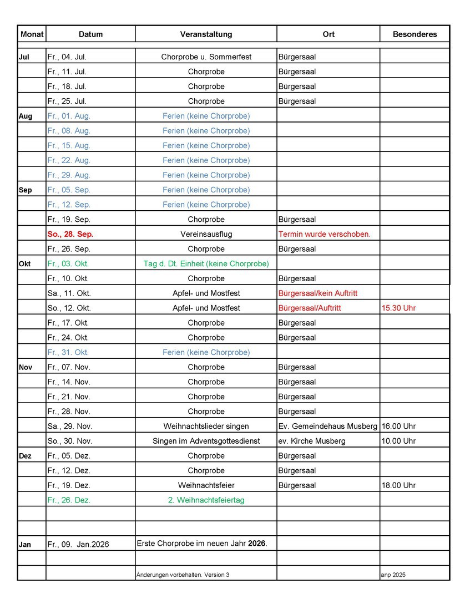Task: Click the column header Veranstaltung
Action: (x=206, y=34)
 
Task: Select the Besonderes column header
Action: (x=415, y=34)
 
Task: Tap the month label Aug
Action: (x=26, y=116)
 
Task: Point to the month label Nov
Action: (x=26, y=367)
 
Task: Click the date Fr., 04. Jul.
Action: (x=67, y=57)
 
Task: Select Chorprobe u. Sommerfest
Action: (x=206, y=57)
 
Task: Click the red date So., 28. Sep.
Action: (x=70, y=234)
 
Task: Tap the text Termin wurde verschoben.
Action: (x=324, y=234)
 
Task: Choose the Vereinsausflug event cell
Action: (x=206, y=234)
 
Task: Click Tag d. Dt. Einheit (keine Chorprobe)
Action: (x=206, y=263)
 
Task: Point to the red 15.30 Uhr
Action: (x=398, y=308)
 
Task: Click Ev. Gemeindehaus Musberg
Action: (x=327, y=426)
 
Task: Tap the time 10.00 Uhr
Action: (x=398, y=441)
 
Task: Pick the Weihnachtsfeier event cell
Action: (x=206, y=485)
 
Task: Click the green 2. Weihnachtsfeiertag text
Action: (x=206, y=500)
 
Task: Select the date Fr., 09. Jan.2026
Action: (x=78, y=545)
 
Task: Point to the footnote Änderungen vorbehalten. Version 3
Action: (x=183, y=575)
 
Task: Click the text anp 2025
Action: (x=393, y=575)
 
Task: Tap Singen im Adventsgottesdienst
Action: (x=206, y=441)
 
